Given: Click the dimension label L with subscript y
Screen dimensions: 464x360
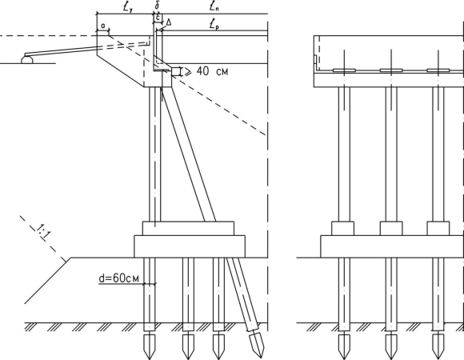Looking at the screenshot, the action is [x=127, y=7].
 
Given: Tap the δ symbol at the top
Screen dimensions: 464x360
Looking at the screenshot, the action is [x=157, y=6].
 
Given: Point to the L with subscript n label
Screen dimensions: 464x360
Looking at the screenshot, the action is [x=214, y=7].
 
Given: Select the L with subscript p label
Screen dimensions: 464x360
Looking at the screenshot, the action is [x=214, y=25].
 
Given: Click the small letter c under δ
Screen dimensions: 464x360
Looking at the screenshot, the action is [x=158, y=18].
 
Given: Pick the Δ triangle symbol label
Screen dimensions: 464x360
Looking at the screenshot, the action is [x=168, y=22].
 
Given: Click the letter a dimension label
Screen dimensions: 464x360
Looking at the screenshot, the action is [x=102, y=26].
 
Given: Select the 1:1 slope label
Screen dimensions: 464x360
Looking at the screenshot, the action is [x=43, y=232].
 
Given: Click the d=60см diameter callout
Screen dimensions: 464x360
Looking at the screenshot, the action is [x=118, y=278].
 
